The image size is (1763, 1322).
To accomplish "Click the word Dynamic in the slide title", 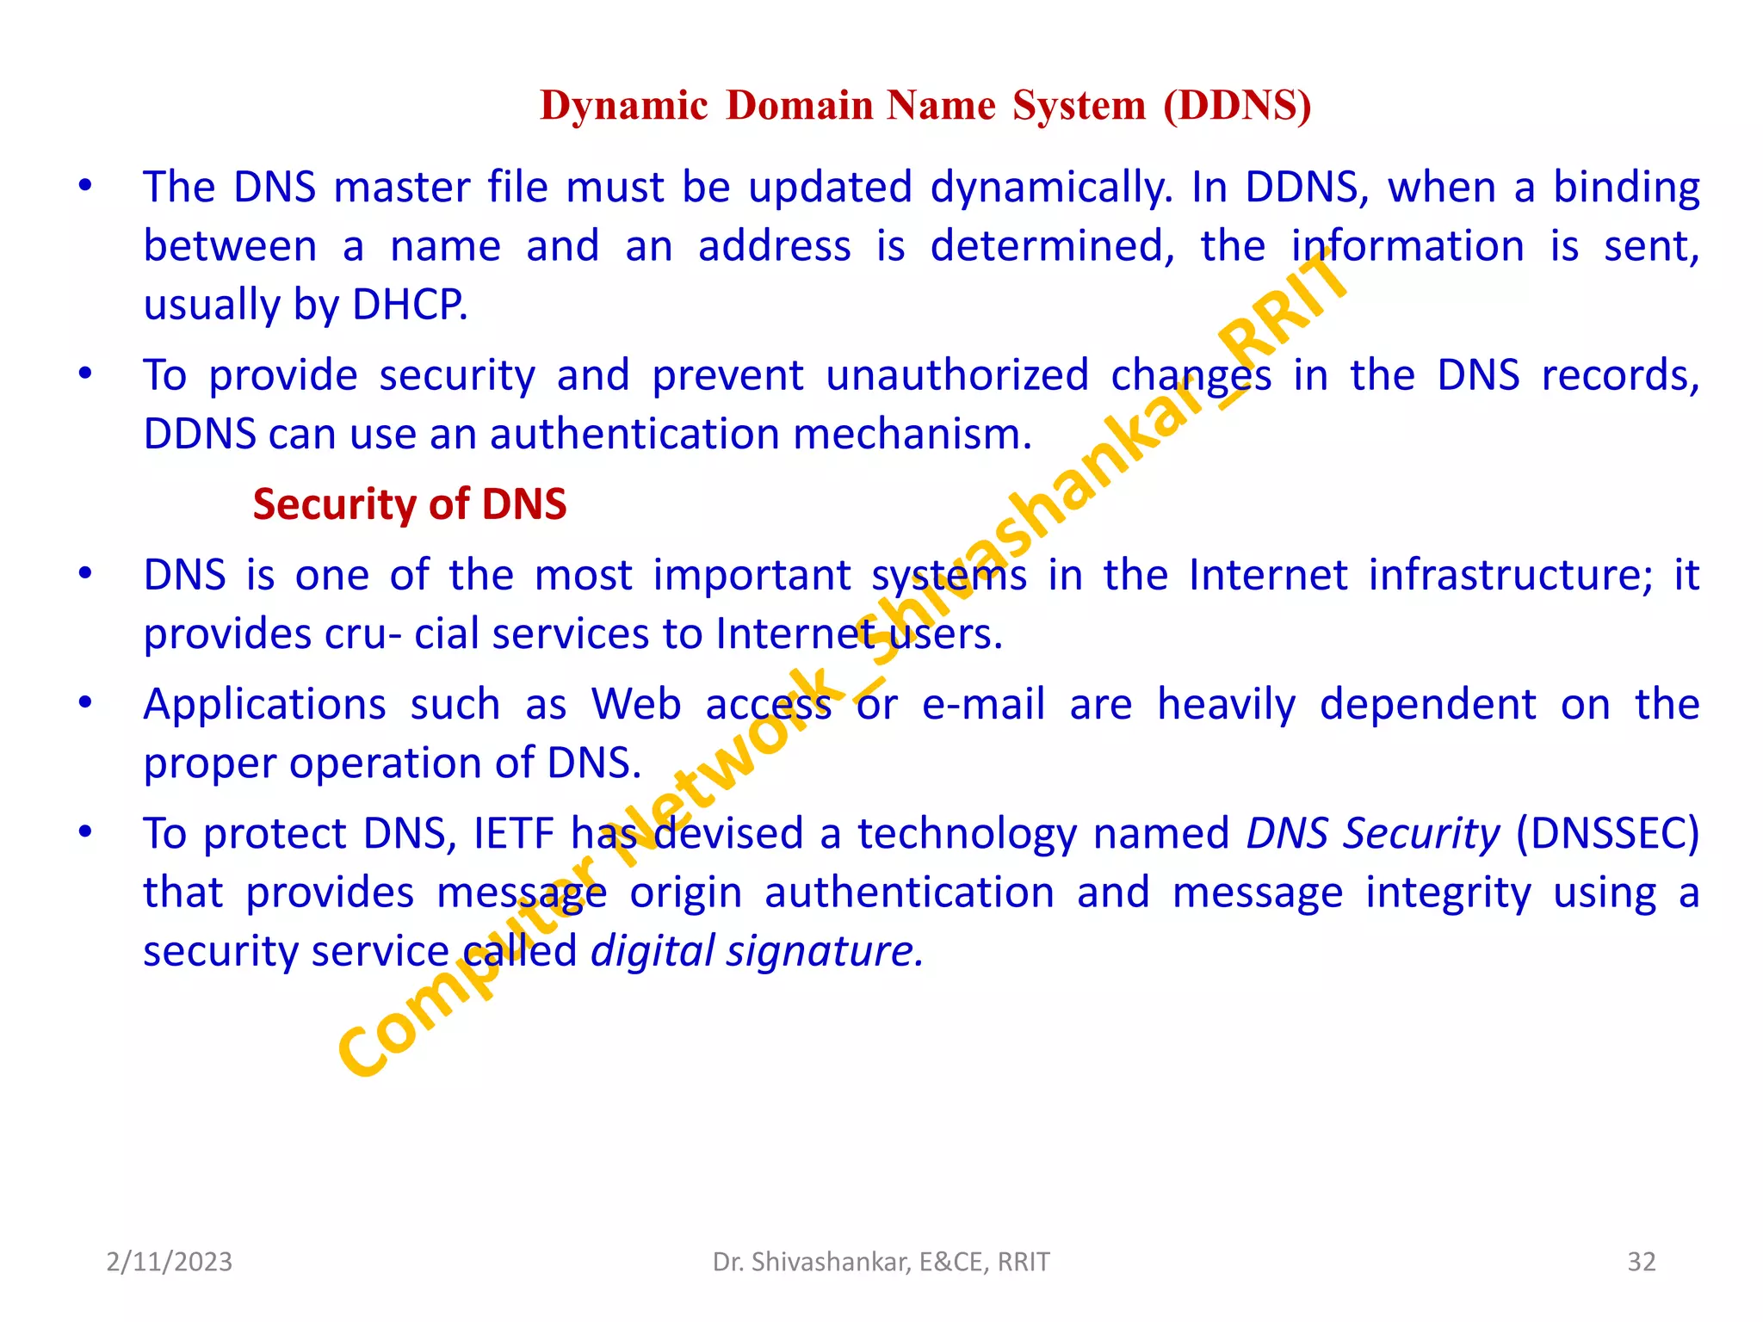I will click(623, 106).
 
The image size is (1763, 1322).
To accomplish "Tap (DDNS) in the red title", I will click(1237, 106).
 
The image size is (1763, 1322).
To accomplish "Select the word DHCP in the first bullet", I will click(409, 305).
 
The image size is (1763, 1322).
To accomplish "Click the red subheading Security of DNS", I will click(410, 504).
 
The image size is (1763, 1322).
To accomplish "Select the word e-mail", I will click(983, 705).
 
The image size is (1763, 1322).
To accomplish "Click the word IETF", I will click(514, 834).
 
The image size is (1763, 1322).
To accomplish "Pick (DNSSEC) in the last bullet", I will click(1607, 834).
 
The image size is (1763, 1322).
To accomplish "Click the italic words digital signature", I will click(757, 952).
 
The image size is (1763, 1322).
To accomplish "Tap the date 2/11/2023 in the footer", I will click(169, 1262).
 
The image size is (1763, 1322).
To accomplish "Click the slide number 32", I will click(1641, 1262).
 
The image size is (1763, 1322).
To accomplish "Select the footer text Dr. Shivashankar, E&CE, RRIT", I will click(881, 1262).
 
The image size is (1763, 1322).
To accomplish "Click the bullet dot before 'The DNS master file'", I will click(85, 186).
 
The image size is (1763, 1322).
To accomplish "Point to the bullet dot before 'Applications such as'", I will click(85, 703).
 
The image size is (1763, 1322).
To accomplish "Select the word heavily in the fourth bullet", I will click(1226, 705).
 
